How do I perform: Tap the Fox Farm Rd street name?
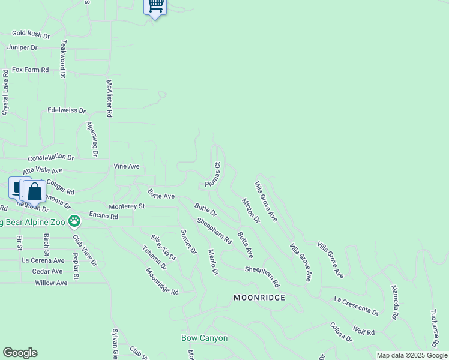pos(30,70)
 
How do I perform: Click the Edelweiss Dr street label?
pos(67,111)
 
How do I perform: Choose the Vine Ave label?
pos(127,166)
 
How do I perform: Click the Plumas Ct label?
pos(214,174)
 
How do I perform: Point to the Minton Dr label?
pos(251,211)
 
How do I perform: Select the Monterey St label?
pos(127,206)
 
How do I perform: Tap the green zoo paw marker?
pos(74,221)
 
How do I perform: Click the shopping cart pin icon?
pos(155,6)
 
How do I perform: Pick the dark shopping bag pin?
pos(35,192)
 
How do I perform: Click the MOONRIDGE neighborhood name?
pos(259,298)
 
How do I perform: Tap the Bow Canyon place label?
pos(205,338)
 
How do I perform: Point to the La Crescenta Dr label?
pos(357,305)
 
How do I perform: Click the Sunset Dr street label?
pos(188,242)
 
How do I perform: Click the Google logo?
pos(20,353)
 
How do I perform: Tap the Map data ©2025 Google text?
pos(412,355)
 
